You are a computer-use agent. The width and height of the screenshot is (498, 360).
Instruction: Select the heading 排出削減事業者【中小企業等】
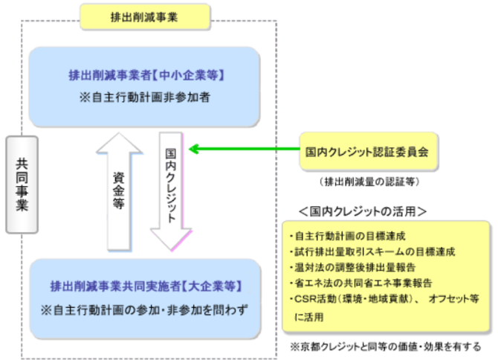click(x=146, y=76)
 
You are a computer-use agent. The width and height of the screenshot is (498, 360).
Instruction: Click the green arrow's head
click(x=195, y=150)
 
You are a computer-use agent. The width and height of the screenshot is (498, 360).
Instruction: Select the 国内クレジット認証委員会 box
click(x=367, y=150)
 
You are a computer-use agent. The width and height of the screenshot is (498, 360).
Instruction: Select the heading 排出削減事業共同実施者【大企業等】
click(x=146, y=286)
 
